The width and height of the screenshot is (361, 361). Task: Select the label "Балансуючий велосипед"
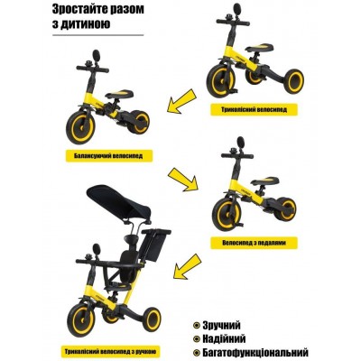[110, 155]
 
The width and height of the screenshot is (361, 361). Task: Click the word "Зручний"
[225, 323]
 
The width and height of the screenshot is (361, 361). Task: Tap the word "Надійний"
[227, 337]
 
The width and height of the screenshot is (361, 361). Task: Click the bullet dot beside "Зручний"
[196, 323]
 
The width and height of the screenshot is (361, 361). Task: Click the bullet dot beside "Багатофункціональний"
[196, 351]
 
